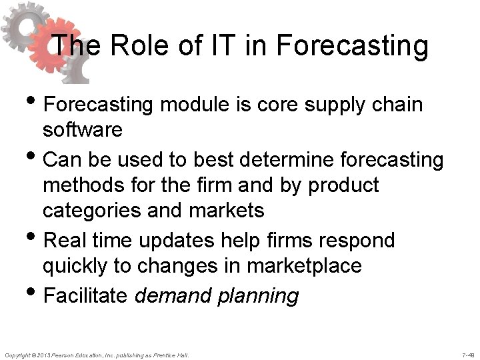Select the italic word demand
[176, 295]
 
